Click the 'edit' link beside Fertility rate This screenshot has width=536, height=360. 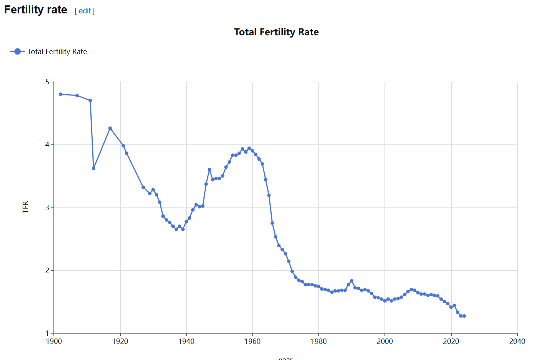point(85,11)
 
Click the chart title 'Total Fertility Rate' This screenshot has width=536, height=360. point(276,32)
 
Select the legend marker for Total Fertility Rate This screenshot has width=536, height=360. point(17,51)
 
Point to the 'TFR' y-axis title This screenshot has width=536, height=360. point(25,207)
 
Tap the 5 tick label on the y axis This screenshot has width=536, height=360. point(48,82)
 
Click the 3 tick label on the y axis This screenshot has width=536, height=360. point(48,207)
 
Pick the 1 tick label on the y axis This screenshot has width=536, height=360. point(48,333)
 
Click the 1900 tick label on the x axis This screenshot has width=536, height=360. point(54,341)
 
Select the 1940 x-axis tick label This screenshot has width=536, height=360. point(186,341)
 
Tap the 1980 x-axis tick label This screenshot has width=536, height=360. point(319,341)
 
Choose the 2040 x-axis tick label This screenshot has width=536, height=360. point(517,341)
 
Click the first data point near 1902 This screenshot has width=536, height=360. point(61,94)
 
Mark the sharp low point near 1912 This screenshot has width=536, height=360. point(93,168)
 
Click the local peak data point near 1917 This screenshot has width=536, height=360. point(110,128)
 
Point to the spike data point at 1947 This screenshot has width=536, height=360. point(209,169)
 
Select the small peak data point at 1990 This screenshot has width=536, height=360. point(352,281)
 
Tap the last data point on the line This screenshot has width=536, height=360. point(464,316)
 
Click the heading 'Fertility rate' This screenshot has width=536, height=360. point(36,10)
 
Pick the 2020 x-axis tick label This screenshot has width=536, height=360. point(451,341)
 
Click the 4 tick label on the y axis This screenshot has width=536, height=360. point(48,145)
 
